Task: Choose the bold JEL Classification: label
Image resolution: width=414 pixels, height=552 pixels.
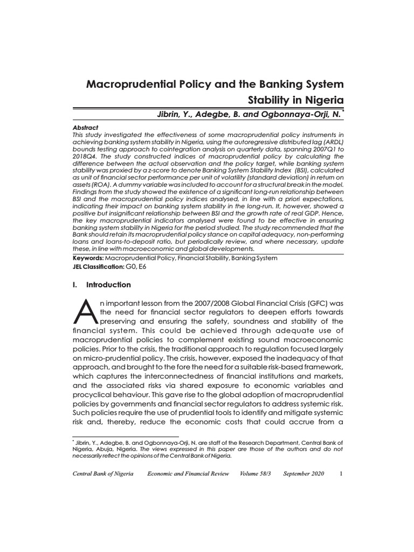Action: click(x=98, y=267)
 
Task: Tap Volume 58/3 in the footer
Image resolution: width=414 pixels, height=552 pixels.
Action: click(x=256, y=474)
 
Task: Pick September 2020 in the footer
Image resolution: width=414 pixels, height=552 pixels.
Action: click(x=303, y=474)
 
